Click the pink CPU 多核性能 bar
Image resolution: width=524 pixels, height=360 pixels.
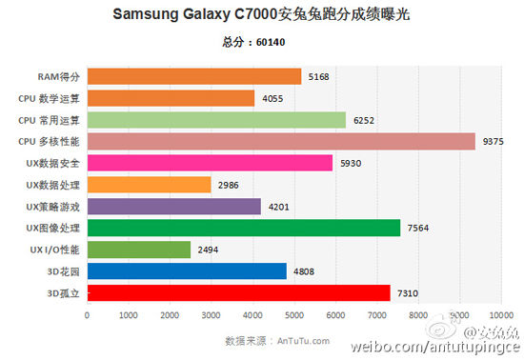click(x=280, y=141)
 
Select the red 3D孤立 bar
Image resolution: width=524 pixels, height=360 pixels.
click(x=238, y=292)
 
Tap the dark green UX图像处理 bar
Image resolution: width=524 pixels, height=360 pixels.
click(x=243, y=228)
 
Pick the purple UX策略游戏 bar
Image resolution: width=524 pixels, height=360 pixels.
click(x=173, y=206)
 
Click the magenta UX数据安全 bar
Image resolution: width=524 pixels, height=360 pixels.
click(x=210, y=163)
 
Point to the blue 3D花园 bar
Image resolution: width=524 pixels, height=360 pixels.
click(x=187, y=270)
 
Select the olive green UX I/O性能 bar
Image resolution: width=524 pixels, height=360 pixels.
click(x=139, y=250)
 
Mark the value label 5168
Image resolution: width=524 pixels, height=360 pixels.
click(x=319, y=76)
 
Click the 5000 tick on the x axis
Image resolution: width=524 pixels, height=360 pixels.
click(x=293, y=314)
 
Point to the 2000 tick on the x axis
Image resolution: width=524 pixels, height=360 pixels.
click(x=170, y=314)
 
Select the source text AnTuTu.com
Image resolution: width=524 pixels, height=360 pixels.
click(x=303, y=340)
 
